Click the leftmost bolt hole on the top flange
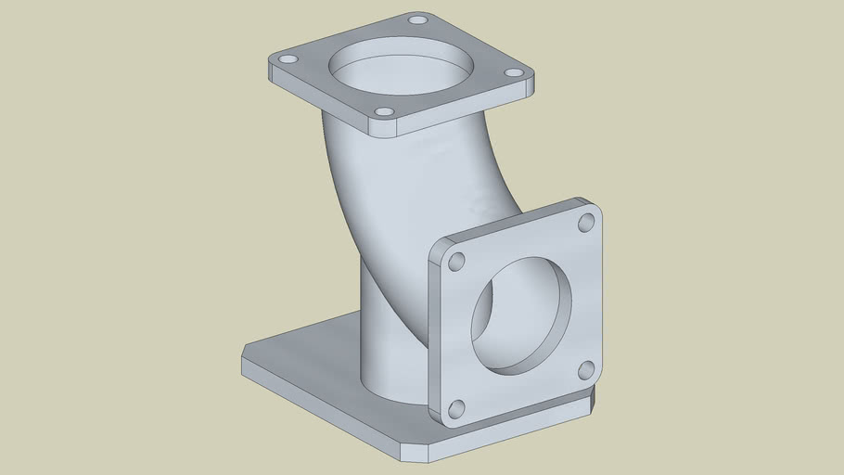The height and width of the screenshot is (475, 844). (288, 58)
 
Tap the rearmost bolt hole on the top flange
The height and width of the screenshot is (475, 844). (418, 19)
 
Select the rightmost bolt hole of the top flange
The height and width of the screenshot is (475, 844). (513, 72)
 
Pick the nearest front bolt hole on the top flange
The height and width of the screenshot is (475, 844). (384, 112)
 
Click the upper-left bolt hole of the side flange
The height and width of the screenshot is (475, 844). (456, 262)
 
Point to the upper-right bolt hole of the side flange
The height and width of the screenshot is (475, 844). (586, 223)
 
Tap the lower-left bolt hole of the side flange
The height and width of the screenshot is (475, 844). (456, 409)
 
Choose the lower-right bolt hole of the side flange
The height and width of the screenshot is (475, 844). (586, 370)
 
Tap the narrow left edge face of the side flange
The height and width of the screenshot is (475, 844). (433, 334)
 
